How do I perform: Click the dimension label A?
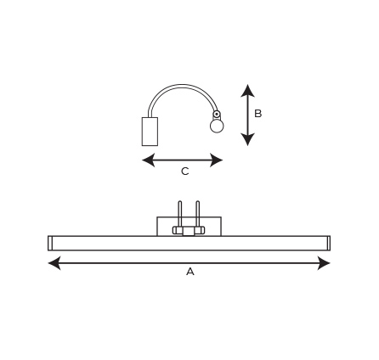[x=190, y=272]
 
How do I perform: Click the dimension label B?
[x=258, y=114]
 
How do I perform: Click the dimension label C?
[x=184, y=172]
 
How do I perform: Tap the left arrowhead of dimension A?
[x=54, y=263]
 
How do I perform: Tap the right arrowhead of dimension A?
[x=324, y=263]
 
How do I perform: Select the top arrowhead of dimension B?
[x=248, y=91]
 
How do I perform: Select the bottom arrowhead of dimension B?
[x=248, y=139]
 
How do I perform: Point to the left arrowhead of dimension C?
[x=149, y=160]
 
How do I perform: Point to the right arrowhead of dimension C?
[x=216, y=160]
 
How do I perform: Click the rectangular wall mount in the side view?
[x=150, y=132]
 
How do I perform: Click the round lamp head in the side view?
[x=217, y=127]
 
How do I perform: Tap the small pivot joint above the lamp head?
[x=217, y=115]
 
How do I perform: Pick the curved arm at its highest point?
[x=181, y=85]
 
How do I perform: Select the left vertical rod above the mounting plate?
[x=179, y=213]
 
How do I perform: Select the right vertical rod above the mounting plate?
[x=197, y=213]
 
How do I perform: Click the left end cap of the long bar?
[x=50, y=243]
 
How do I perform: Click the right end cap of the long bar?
[x=328, y=243]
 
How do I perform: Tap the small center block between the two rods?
[x=189, y=231]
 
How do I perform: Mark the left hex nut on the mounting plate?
[x=178, y=230]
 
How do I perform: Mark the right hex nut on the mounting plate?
[x=200, y=230]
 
